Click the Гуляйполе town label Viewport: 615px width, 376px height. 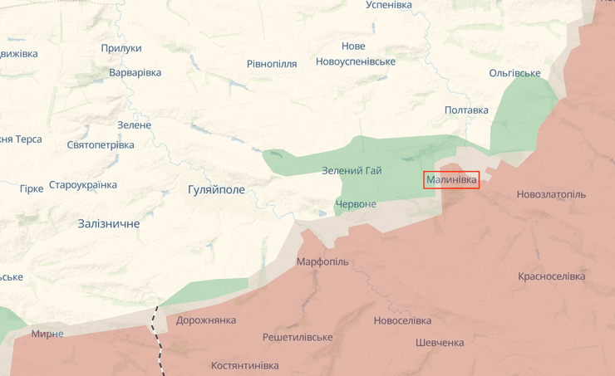pyautogui.click(x=216, y=189)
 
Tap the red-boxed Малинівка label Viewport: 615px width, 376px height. pyautogui.click(x=451, y=179)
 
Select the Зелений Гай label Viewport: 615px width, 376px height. pyautogui.click(x=352, y=171)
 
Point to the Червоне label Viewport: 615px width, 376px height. pyautogui.click(x=356, y=204)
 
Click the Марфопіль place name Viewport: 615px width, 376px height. pyautogui.click(x=322, y=261)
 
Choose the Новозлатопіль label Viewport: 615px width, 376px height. pyautogui.click(x=550, y=194)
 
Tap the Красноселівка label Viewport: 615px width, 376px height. pyautogui.click(x=551, y=276)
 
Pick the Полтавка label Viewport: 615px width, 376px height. pyautogui.click(x=466, y=110)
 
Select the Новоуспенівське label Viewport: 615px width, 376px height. pyautogui.click(x=356, y=61)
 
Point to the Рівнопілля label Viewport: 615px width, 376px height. pyautogui.click(x=272, y=64)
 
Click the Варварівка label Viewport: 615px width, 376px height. pyautogui.click(x=135, y=72)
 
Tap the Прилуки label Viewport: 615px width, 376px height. pyautogui.click(x=121, y=48)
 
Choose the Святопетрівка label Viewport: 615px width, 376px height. pyautogui.click(x=101, y=144)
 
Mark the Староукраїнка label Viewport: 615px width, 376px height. pyautogui.click(x=83, y=184)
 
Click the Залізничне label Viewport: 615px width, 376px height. pyautogui.click(x=109, y=223)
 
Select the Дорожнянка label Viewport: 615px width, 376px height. pyautogui.click(x=206, y=320)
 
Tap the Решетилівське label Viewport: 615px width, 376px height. pyautogui.click(x=298, y=337)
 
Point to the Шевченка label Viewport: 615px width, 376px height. pyautogui.click(x=440, y=343)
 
